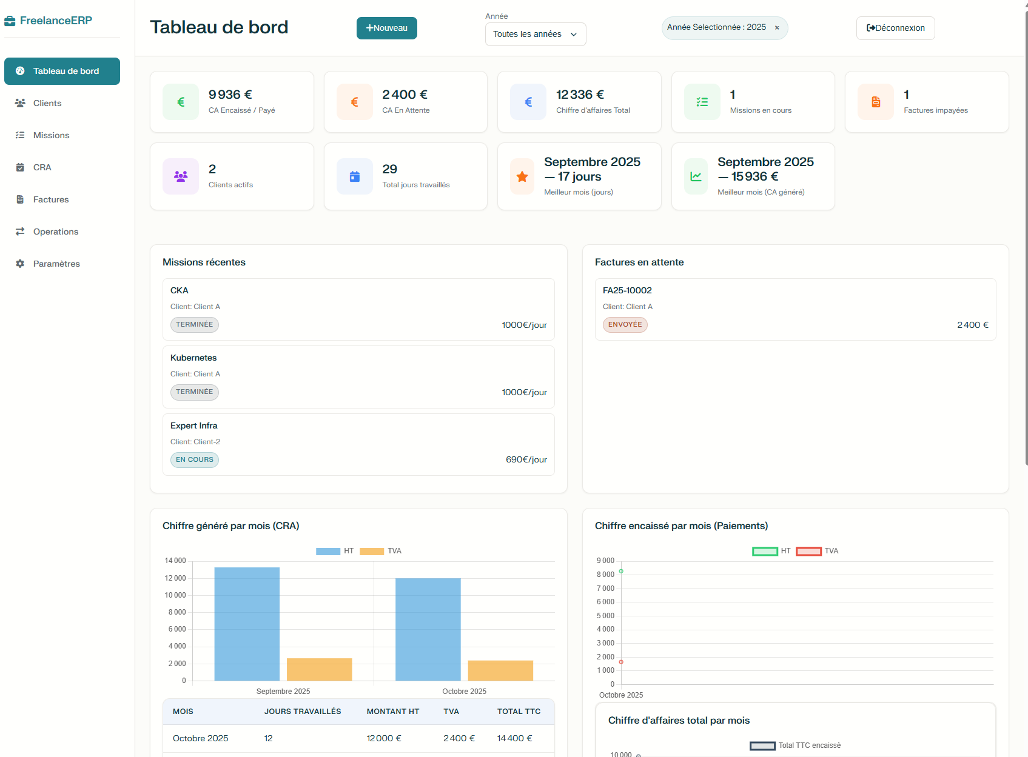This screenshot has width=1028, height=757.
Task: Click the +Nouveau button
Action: tap(386, 28)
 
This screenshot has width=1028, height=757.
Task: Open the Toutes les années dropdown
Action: tap(535, 34)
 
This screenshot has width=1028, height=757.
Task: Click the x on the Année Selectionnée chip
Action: tap(777, 28)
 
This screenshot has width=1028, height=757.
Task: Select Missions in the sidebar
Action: tap(51, 135)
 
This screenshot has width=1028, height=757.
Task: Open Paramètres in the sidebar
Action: tap(56, 264)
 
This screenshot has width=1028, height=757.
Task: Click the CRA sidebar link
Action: tap(42, 167)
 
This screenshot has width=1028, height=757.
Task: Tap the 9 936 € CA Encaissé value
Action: tap(230, 95)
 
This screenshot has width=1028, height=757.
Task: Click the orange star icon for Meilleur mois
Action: tap(522, 176)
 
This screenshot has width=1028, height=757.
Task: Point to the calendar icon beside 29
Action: tap(355, 176)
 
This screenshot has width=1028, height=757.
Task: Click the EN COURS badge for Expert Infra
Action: tap(194, 460)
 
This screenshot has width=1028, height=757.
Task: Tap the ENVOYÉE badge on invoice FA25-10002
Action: tap(625, 325)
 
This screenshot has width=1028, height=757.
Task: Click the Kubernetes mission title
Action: tap(193, 358)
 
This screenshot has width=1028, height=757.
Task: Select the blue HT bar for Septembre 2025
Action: tap(247, 624)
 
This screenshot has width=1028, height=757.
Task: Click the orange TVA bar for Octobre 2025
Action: tap(500, 670)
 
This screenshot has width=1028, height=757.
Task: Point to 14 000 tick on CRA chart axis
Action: tap(175, 561)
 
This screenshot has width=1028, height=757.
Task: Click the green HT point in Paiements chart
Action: tap(621, 571)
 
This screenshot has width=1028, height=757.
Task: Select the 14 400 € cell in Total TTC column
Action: tap(514, 738)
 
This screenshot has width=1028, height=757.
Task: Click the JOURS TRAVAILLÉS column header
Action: tap(303, 712)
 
